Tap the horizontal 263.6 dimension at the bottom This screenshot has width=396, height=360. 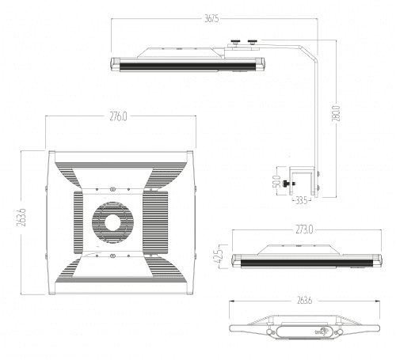303,301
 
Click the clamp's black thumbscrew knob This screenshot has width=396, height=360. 291,186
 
